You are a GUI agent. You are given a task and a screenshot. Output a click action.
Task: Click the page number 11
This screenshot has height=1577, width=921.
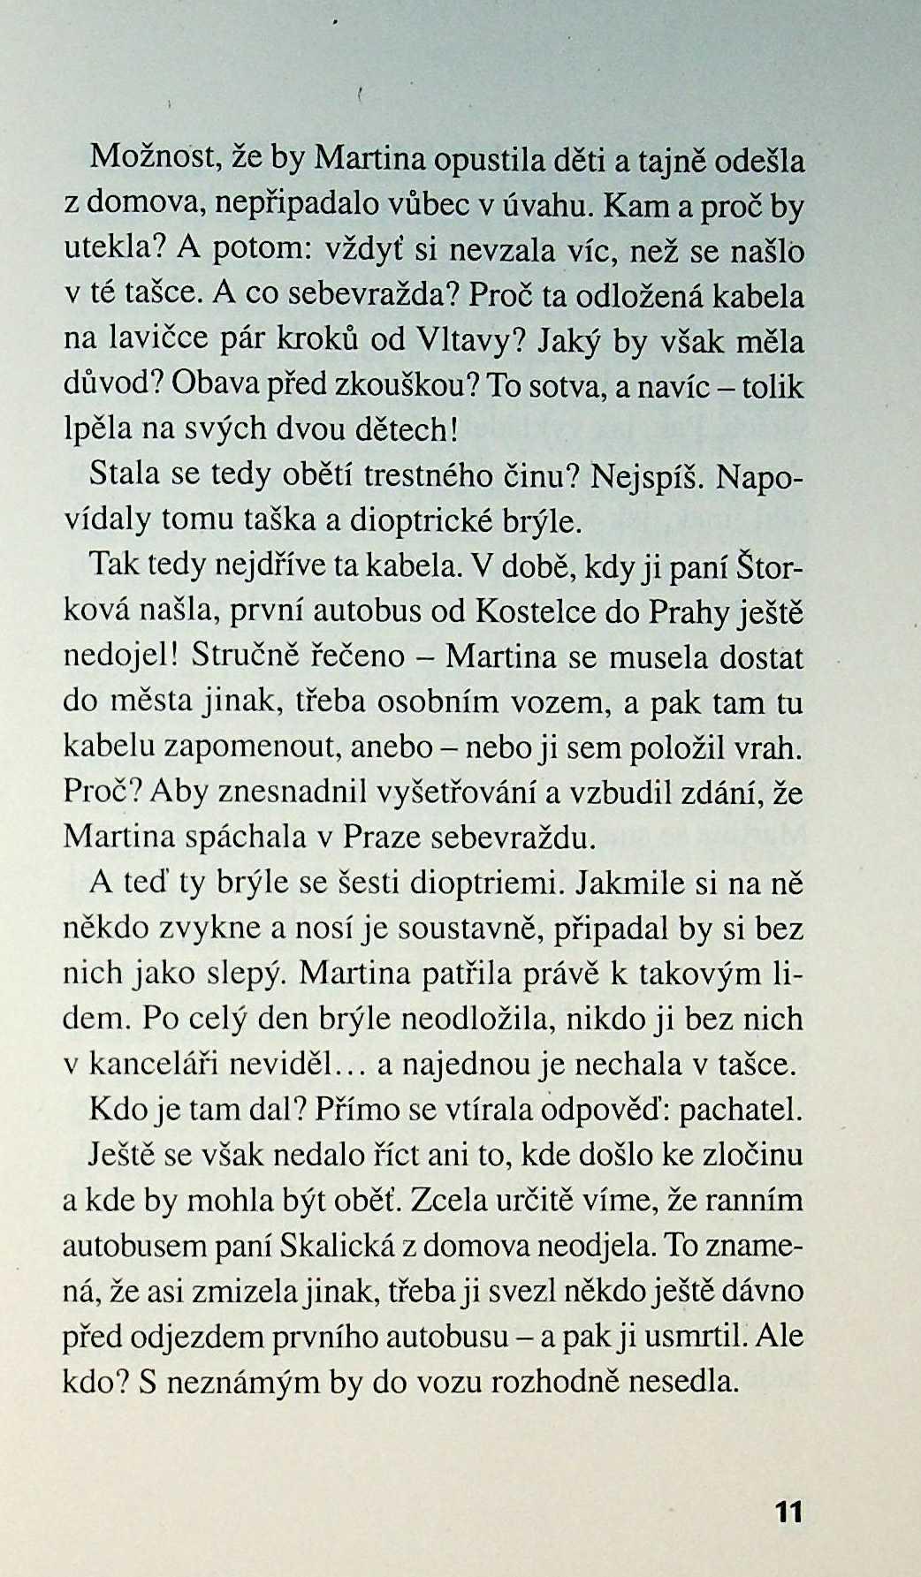click(x=788, y=1512)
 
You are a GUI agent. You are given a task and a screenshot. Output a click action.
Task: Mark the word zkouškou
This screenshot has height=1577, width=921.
click(x=406, y=386)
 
